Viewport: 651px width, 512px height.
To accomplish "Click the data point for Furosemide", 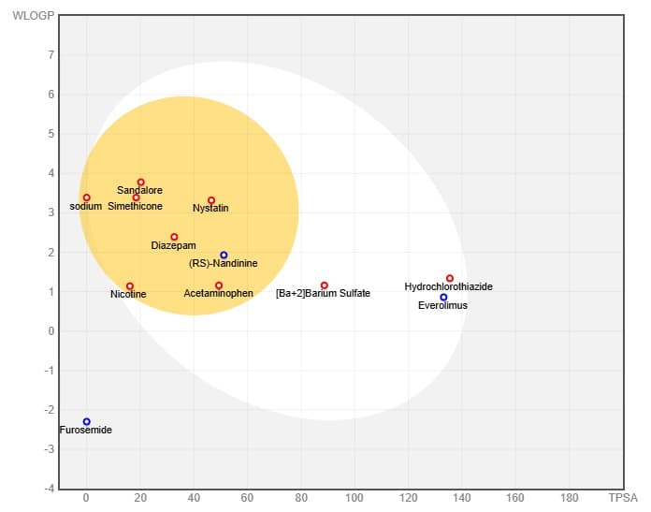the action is coord(86,422).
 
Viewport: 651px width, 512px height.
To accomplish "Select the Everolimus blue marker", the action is coord(443,297).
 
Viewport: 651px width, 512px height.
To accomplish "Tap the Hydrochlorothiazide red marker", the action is coord(450,278).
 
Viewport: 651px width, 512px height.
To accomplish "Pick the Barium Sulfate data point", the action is coord(325,285).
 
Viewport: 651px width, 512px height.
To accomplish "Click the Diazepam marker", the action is coord(174,237).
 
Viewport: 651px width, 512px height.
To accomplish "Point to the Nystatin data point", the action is coord(211,200).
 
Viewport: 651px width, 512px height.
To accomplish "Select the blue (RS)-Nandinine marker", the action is coord(224,255).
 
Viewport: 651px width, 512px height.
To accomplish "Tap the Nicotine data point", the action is coord(129,285).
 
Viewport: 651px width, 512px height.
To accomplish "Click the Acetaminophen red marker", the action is coord(219,285).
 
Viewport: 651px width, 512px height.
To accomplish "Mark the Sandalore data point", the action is coord(140,182).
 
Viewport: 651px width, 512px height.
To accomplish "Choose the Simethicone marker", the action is coord(137,197).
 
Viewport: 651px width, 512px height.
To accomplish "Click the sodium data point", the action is coord(86,197).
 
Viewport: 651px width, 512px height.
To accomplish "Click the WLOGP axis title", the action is coord(34,16).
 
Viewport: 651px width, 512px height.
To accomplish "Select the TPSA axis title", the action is coord(623,497).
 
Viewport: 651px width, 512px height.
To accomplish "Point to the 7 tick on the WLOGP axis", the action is coord(51,55).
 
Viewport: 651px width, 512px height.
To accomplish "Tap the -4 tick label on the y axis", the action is coord(50,489).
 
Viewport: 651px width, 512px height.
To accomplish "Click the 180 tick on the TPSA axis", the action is coord(570,497).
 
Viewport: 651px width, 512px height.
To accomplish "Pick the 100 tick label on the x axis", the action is coord(354,497).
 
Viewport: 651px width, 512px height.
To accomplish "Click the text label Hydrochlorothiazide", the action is coord(448,286).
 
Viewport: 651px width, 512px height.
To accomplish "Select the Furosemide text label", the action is coord(85,430).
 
